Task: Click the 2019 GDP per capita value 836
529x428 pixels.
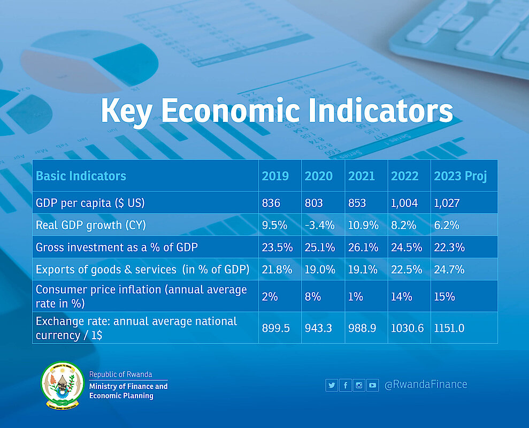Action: click(271, 203)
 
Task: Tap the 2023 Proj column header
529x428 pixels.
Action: click(460, 176)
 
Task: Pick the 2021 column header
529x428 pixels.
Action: click(361, 176)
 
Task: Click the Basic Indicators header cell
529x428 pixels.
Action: click(81, 176)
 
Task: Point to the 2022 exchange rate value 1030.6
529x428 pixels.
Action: click(407, 328)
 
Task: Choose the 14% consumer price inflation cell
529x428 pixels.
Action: click(401, 296)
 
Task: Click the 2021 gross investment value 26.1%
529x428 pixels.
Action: click(363, 247)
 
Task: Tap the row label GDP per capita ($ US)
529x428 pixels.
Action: click(90, 203)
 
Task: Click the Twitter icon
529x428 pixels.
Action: click(332, 385)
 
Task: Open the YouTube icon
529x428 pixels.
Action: click(373, 385)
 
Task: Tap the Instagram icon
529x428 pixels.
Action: click(359, 385)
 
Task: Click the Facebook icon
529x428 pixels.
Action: click(346, 385)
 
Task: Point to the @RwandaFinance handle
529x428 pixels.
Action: click(425, 385)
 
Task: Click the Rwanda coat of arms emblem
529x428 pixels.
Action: click(63, 385)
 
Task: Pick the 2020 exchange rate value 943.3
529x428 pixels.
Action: click(319, 328)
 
